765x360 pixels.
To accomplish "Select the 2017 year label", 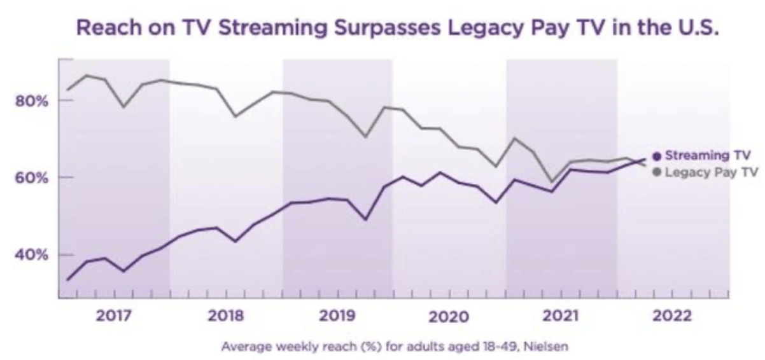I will point(115,315).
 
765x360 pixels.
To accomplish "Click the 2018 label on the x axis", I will point(226,315).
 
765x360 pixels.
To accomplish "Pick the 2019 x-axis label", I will point(338,315).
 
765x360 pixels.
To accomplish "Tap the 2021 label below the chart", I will point(561,315).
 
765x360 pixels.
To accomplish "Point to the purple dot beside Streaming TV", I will point(657,155).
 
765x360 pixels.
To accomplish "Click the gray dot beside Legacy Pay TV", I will point(657,172).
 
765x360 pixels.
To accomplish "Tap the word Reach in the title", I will point(103,29).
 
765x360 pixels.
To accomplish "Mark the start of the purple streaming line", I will point(67,280).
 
